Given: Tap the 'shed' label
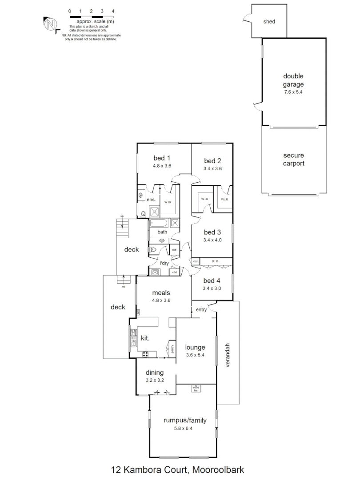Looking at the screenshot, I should tap(269, 21).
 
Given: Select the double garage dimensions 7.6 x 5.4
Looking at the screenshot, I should tap(293, 92).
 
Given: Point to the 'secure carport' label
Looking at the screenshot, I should tap(293, 160).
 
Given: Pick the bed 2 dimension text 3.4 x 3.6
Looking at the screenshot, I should tap(212, 168).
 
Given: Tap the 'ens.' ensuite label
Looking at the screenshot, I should tap(151, 200).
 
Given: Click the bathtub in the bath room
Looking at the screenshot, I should tap(160, 223).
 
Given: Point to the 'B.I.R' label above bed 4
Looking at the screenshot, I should tap(215, 261).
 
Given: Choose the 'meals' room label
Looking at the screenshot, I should tap(161, 292).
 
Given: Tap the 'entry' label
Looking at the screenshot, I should tap(201, 310).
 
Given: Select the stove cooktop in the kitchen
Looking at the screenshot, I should tap(146, 354).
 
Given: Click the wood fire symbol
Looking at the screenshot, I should tap(196, 388).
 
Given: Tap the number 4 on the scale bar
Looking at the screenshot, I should tap(113, 11).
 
